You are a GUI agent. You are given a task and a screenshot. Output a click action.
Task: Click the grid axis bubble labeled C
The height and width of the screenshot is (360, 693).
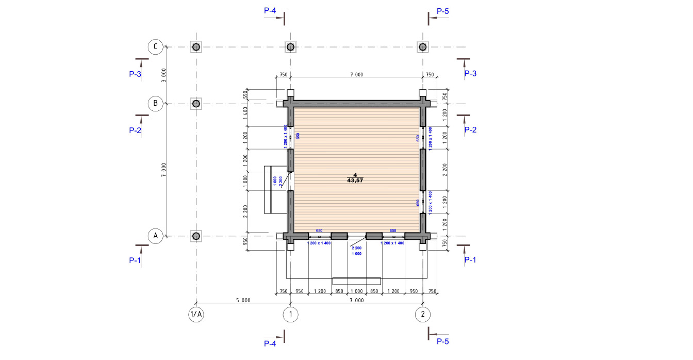(155, 47)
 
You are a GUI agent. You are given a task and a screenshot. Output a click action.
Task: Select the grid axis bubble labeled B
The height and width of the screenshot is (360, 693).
(155, 103)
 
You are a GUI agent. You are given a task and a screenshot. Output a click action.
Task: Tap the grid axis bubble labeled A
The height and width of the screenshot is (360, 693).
(155, 236)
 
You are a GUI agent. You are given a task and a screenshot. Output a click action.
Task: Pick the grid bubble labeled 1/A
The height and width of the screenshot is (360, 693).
(196, 315)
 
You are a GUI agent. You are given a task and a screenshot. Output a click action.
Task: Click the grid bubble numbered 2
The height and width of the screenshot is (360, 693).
(423, 315)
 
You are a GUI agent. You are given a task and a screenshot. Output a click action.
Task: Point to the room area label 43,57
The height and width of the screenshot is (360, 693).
(355, 181)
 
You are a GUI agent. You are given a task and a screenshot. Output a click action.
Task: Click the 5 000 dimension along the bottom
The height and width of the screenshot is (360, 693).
(243, 300)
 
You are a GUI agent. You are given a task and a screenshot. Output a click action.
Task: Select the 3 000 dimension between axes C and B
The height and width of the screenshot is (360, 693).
(163, 75)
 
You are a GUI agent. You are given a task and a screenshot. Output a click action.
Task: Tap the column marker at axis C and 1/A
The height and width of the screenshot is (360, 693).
(196, 47)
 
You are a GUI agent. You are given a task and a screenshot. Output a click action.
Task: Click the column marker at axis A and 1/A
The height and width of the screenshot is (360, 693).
(196, 236)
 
